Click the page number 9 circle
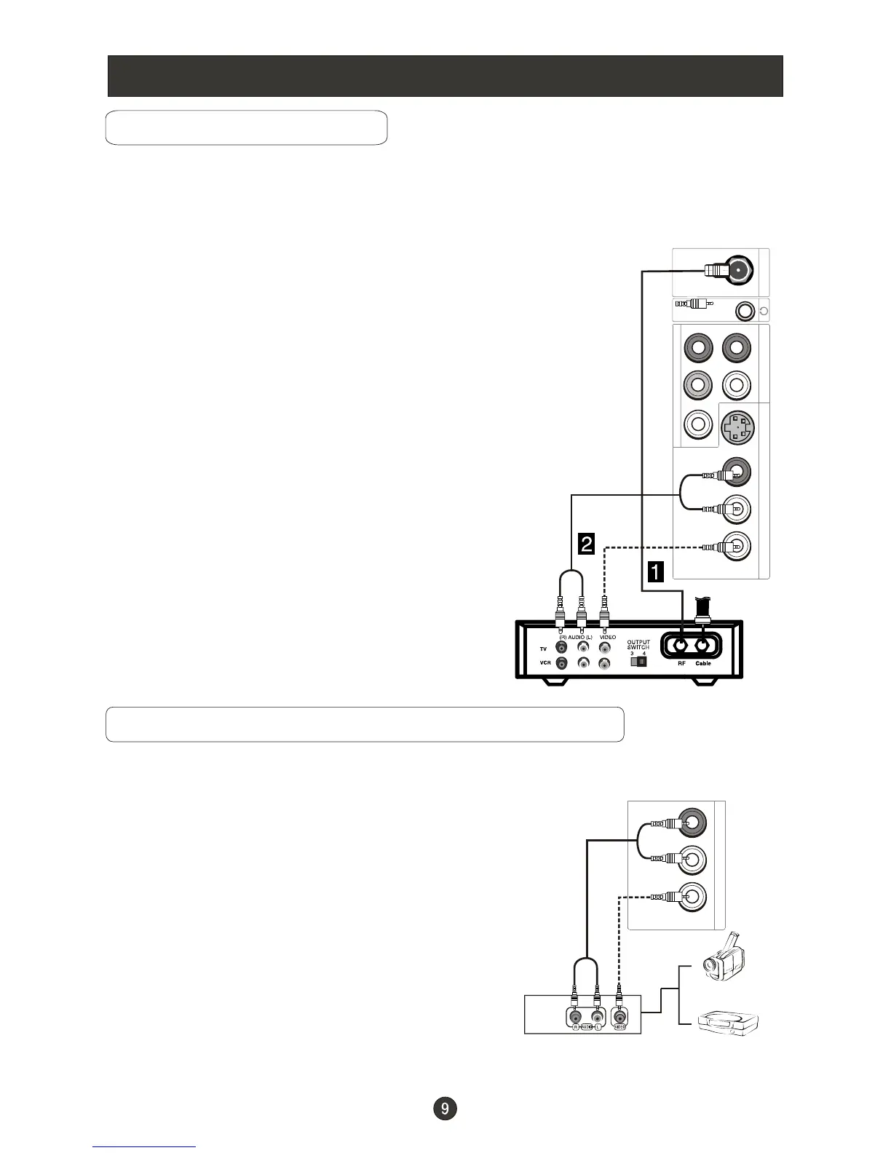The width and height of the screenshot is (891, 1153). tap(445, 1109)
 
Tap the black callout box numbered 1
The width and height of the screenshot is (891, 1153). tap(655, 572)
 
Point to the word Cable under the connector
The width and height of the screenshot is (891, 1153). tap(703, 664)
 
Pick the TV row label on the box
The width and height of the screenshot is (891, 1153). tap(543, 648)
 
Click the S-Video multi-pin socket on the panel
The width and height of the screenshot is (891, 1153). tap(737, 428)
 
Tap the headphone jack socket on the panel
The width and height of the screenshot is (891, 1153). tap(744, 312)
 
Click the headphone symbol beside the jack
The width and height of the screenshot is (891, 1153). tap(763, 312)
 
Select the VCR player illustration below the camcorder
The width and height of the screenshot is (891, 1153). tap(728, 1023)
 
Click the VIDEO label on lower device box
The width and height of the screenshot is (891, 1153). tap(620, 1027)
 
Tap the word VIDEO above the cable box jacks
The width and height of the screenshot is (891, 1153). tap(608, 637)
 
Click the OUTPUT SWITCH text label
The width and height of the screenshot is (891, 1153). tap(638, 645)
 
